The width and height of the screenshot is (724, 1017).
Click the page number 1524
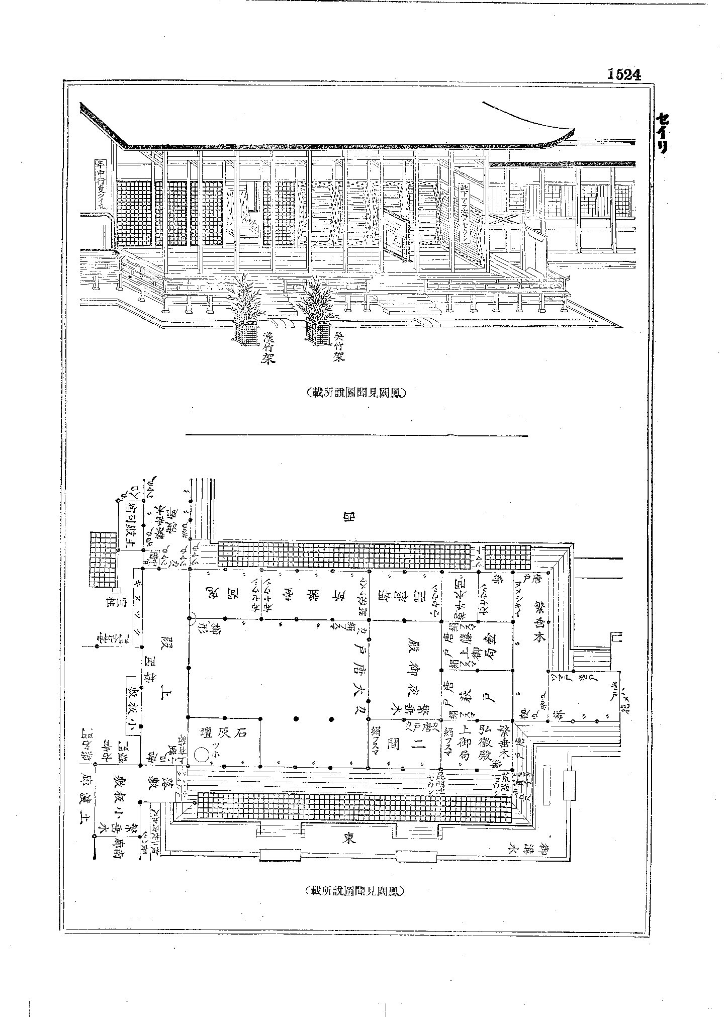click(x=624, y=74)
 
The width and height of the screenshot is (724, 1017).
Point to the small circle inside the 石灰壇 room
click(x=202, y=754)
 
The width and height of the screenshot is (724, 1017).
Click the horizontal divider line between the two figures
click(x=357, y=435)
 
